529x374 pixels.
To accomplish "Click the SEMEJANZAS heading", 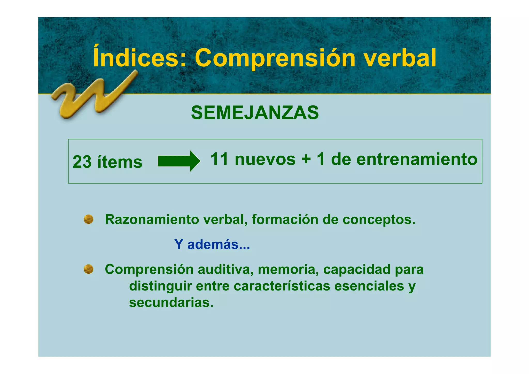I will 255,113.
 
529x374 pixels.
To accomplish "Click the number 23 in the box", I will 82,162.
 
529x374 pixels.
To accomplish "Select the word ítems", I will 120,162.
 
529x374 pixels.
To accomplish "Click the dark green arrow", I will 179,161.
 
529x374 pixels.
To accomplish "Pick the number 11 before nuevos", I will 219,159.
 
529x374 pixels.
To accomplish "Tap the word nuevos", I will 265,159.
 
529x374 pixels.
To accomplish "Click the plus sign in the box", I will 306,159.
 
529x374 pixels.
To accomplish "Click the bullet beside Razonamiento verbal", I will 89,219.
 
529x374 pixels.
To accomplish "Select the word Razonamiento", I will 152,219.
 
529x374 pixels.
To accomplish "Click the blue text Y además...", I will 212,244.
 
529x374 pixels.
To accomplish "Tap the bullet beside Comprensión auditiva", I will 89,269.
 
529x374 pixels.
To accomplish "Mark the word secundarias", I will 171,302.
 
